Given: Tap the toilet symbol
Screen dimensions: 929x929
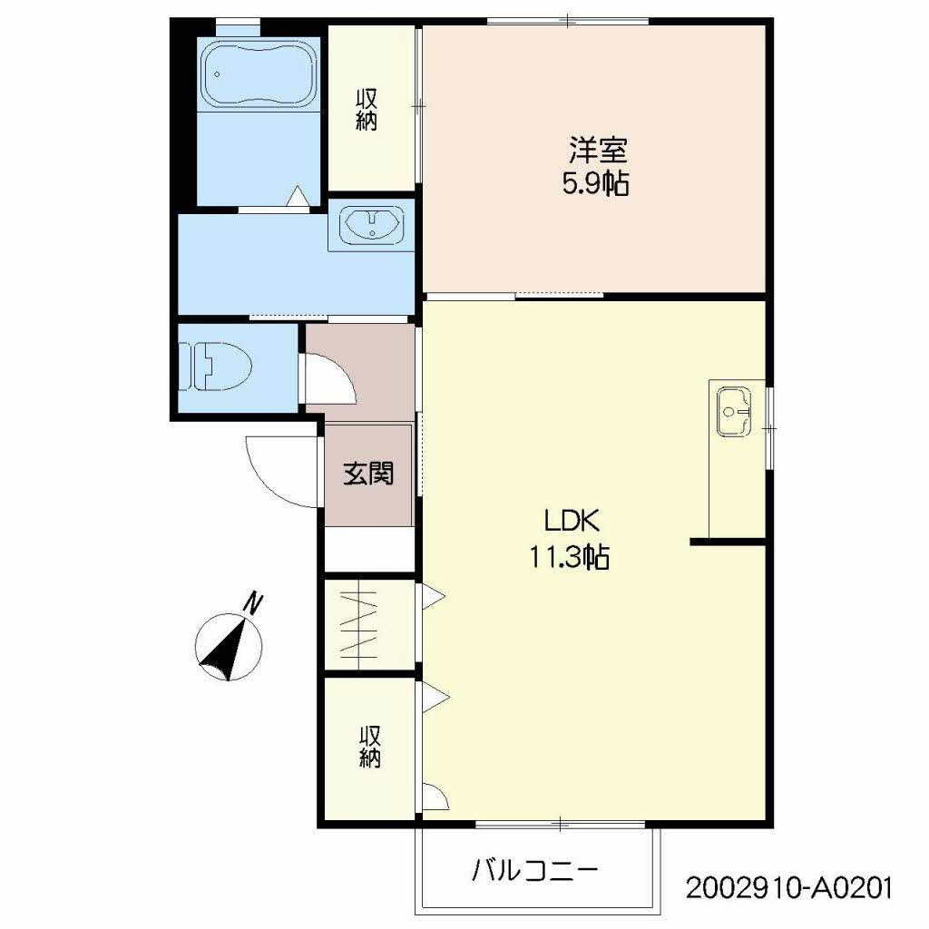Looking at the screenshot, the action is tap(215, 367).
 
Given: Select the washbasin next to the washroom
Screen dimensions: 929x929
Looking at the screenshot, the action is tap(371, 225).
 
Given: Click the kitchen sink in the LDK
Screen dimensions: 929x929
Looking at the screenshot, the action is tap(733, 411).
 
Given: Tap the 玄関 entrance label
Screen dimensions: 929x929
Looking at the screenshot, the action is tap(368, 474).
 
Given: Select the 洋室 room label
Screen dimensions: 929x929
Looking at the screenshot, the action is tap(598, 151).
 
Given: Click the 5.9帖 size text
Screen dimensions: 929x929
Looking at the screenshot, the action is tap(595, 183).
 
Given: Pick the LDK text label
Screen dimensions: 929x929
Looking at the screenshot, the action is tap(572, 522).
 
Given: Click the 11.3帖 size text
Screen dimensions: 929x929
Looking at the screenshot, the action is tap(570, 557).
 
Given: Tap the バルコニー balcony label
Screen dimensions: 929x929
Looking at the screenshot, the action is tap(534, 871).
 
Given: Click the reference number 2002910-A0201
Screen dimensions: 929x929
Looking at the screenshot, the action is tap(788, 888).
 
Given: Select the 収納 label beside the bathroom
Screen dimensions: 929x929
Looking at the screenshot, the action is tap(367, 110).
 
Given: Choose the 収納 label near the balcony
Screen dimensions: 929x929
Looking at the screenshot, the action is tap(370, 748).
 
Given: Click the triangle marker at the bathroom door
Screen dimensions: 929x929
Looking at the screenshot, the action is tap(296, 196).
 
